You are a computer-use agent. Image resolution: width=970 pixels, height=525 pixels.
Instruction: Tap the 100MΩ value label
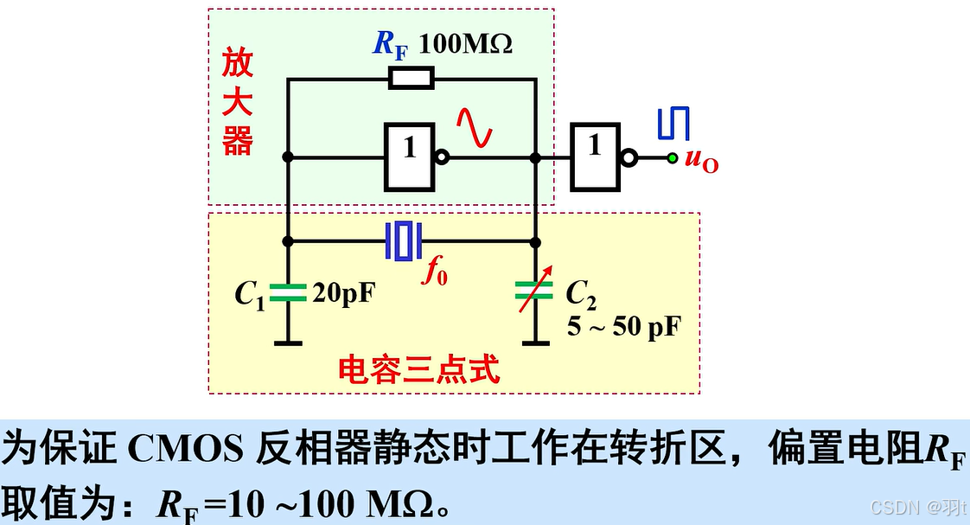click(466, 43)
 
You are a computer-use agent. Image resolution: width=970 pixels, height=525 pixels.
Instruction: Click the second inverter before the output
click(595, 157)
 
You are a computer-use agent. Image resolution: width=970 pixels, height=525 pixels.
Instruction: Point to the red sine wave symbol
click(475, 126)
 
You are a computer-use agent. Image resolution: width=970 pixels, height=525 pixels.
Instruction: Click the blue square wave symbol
click(673, 124)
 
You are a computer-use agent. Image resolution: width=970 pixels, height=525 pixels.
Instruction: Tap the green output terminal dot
click(671, 157)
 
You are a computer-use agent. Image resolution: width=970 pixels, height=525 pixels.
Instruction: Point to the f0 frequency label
click(435, 272)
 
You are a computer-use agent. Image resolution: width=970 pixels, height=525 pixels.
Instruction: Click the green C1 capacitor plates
click(288, 292)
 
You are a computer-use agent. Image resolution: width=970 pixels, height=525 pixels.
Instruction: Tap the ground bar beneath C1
click(288, 343)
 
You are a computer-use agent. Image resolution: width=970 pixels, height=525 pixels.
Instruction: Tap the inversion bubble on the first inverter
click(442, 158)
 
